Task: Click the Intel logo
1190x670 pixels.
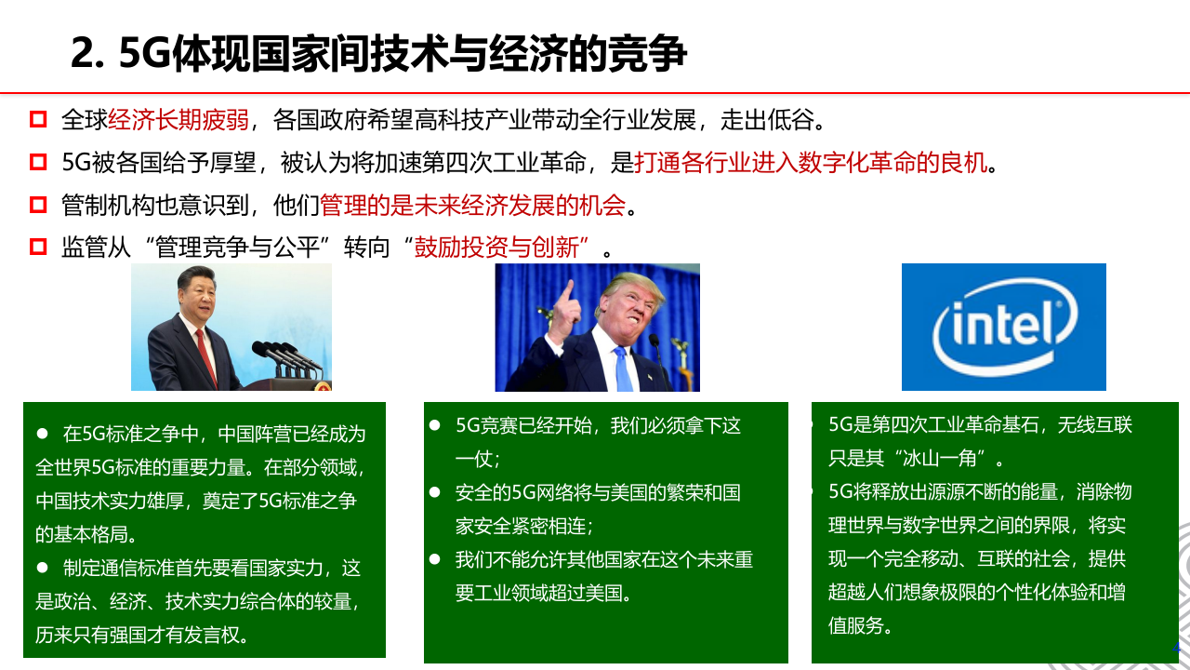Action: pos(1004,327)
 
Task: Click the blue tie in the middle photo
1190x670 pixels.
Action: pos(623,368)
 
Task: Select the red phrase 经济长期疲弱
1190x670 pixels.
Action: pos(178,120)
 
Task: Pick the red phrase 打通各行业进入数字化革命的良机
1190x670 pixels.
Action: pos(810,164)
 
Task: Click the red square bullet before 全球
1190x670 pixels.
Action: pos(38,120)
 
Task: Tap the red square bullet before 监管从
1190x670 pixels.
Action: pos(38,248)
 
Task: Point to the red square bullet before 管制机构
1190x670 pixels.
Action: pos(38,205)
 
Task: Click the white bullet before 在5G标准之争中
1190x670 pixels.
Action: pos(42,435)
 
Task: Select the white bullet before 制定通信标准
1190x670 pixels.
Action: pos(42,568)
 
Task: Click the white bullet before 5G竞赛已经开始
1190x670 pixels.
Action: pos(434,425)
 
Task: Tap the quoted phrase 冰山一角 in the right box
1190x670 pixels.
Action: pos(945,458)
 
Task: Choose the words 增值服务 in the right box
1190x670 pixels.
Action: pos(1097,592)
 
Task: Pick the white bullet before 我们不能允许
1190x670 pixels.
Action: pos(434,558)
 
